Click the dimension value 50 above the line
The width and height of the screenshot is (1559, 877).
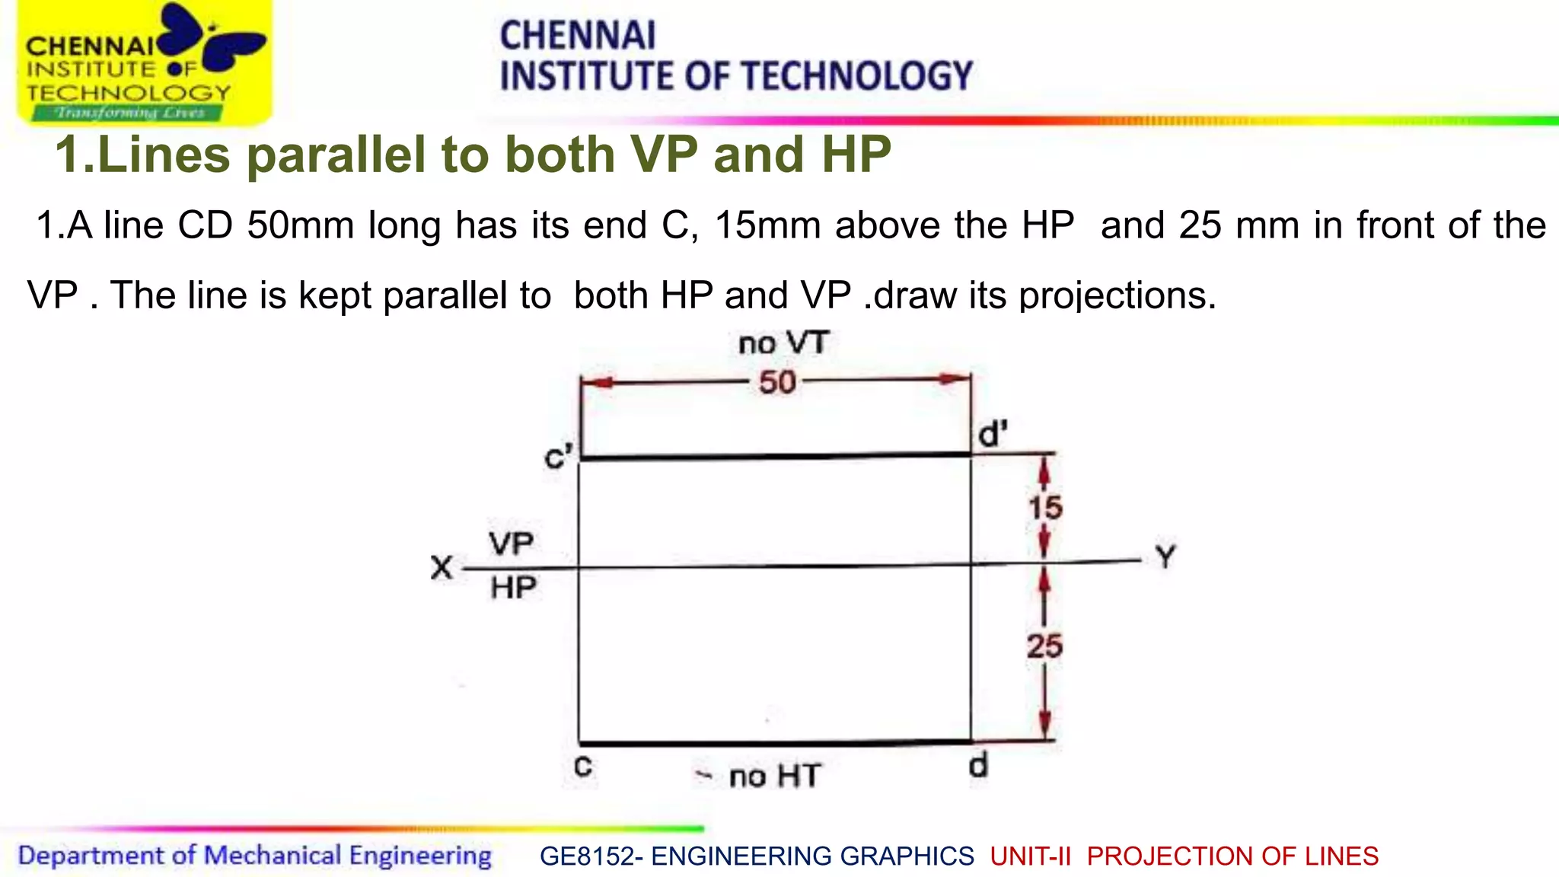click(777, 382)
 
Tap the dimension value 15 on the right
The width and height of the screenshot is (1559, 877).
click(1045, 508)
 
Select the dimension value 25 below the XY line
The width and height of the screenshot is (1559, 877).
click(1044, 646)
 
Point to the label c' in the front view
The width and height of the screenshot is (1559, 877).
click(558, 458)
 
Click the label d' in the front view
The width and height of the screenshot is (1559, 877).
click(993, 435)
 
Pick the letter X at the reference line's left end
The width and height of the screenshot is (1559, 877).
click(442, 568)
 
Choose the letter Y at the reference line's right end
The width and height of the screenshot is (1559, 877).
click(1165, 557)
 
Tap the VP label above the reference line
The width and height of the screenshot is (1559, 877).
click(511, 544)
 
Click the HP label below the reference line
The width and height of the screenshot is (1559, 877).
click(513, 588)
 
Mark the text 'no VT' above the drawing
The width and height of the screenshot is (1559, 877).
click(783, 343)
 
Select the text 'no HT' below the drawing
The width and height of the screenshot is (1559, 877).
click(774, 777)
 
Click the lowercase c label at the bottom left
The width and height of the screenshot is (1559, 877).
click(583, 767)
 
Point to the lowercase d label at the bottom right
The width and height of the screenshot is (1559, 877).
click(979, 764)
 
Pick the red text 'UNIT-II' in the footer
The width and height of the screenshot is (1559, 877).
click(1031, 856)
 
